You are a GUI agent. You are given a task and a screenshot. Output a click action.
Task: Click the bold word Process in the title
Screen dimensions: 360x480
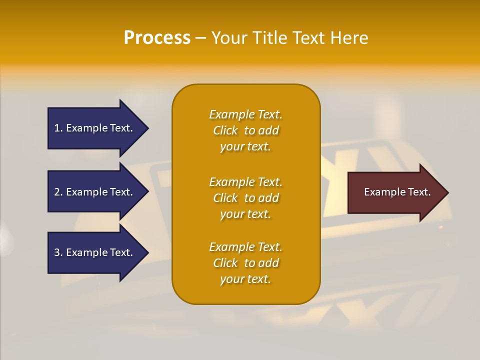pyautogui.click(x=157, y=38)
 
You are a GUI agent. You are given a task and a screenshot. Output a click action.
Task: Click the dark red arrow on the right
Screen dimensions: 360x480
pyautogui.click(x=395, y=192)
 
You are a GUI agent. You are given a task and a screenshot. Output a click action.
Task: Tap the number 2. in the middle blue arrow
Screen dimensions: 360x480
pyautogui.click(x=58, y=192)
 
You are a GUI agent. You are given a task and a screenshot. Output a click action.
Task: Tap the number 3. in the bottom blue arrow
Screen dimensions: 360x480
pyautogui.click(x=58, y=252)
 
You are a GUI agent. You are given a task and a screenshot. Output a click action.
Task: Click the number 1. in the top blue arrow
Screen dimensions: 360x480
pyautogui.click(x=58, y=128)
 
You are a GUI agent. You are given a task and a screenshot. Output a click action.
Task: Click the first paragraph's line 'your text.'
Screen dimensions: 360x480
pyautogui.click(x=245, y=146)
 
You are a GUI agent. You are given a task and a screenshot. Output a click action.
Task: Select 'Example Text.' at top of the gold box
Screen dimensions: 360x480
pyautogui.click(x=245, y=114)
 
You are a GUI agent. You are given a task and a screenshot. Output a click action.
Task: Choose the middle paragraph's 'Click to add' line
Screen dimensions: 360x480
pyautogui.click(x=245, y=198)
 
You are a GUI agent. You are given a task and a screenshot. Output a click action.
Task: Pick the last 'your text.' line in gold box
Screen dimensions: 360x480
pyautogui.click(x=245, y=279)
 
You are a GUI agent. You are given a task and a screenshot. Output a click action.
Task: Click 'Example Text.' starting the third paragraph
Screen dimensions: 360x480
pyautogui.click(x=245, y=247)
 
